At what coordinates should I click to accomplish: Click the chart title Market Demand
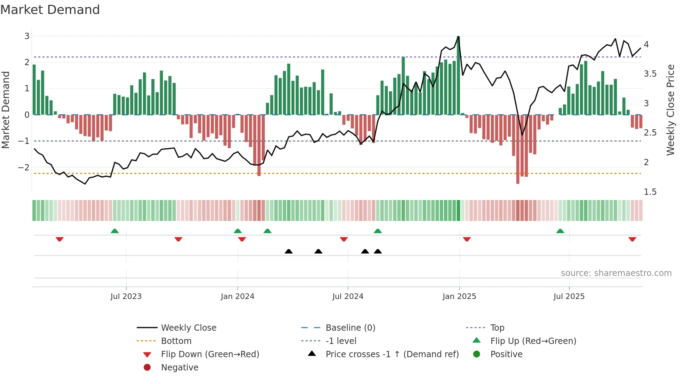(x=50, y=10)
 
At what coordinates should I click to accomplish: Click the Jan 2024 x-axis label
(x=237, y=297)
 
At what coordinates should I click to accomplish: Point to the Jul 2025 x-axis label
(x=569, y=297)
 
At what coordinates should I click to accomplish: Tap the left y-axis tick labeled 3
(x=27, y=36)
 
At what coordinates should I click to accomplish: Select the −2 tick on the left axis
(x=24, y=167)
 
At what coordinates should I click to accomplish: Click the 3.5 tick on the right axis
(x=650, y=74)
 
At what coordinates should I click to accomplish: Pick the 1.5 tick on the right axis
(x=650, y=192)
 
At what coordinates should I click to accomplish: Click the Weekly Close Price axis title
(x=670, y=110)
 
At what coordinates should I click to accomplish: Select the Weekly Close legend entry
(x=188, y=328)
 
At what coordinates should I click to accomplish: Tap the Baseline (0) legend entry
(x=350, y=328)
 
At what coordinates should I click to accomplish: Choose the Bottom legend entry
(x=176, y=341)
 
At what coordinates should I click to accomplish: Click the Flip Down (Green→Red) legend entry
(x=210, y=354)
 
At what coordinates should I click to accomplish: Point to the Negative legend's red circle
(x=147, y=367)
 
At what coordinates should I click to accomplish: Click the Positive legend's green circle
(x=477, y=354)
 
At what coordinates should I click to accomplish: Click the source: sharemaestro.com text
(x=616, y=273)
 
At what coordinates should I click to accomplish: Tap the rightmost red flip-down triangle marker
(x=632, y=239)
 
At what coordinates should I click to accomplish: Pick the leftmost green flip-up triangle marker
(x=114, y=231)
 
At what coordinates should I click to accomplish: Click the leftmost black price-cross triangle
(x=288, y=251)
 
